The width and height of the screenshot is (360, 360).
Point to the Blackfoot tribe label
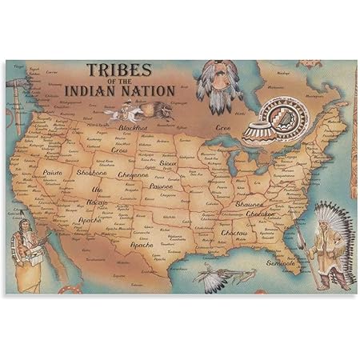click(134, 127)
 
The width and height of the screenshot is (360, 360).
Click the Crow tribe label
click(119, 150)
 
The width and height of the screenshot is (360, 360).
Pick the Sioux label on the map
click(168, 162)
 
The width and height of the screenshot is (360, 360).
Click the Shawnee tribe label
click(250, 204)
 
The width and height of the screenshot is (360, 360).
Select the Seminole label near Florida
click(281, 262)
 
